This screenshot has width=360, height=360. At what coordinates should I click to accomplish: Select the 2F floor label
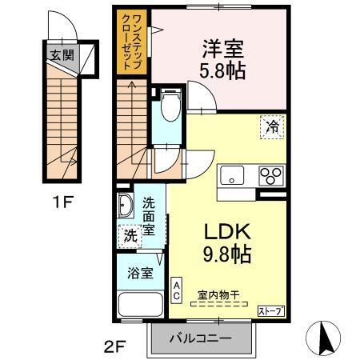click(x=114, y=346)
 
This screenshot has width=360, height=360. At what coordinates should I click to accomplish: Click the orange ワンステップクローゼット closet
click(x=133, y=42)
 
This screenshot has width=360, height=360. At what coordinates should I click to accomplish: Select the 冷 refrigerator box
click(x=272, y=126)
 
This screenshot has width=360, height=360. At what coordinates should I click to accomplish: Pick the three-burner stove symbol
click(x=271, y=174)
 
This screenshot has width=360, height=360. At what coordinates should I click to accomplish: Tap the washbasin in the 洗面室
click(x=126, y=206)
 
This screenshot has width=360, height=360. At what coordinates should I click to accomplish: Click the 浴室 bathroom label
click(x=141, y=273)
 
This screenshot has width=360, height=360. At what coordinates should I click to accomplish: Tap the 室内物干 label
click(x=225, y=294)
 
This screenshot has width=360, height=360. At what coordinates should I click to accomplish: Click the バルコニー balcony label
click(x=199, y=338)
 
